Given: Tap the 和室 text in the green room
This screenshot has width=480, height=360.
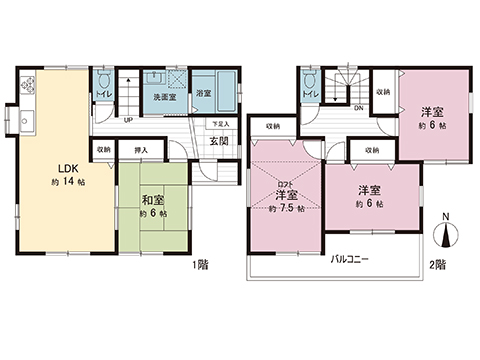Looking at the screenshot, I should (x=153, y=199).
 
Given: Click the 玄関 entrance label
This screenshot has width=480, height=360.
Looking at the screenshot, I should (x=218, y=141).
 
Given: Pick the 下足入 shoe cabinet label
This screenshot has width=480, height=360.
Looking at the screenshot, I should (x=220, y=123).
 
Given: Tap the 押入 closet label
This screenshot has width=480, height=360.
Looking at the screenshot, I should (x=141, y=151).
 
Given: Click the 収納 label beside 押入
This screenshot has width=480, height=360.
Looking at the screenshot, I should (x=104, y=151).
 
